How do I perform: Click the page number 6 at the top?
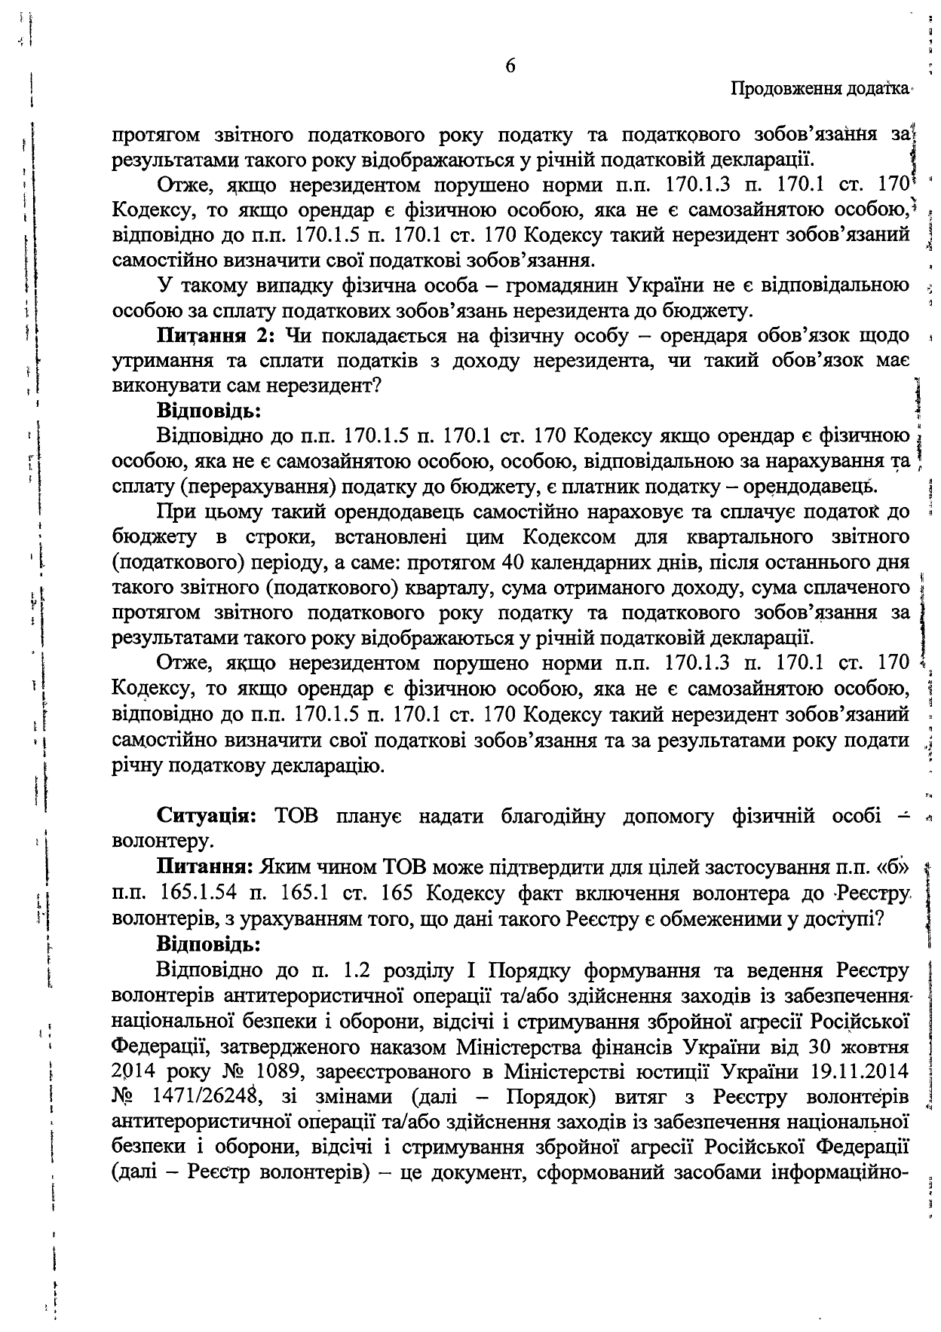[510, 66]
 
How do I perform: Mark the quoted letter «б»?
[891, 868]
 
